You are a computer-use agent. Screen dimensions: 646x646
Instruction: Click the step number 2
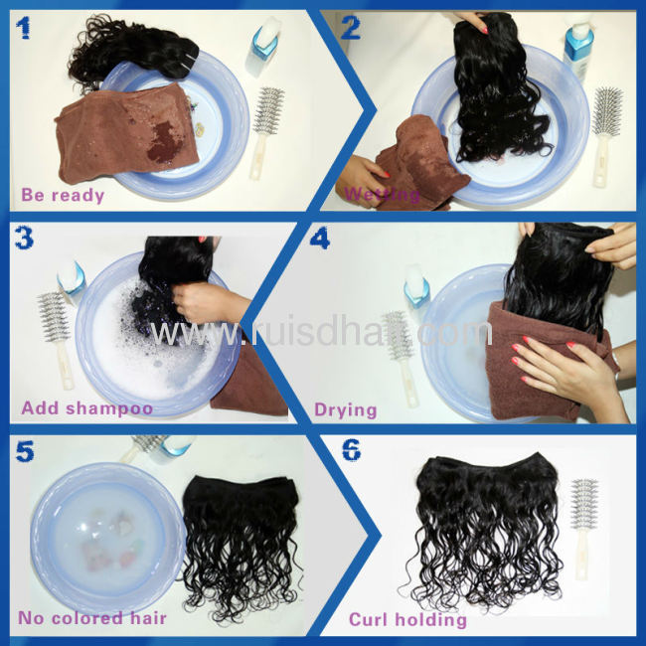pos(350,27)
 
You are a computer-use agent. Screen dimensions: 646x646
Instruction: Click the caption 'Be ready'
pos(62,195)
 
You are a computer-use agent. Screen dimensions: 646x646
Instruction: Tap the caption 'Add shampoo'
pos(86,407)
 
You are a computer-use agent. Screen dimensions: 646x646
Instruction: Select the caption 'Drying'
pos(345,408)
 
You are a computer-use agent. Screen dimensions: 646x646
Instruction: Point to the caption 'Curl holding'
pos(406,619)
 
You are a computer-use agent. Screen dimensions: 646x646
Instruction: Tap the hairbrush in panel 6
pos(585,527)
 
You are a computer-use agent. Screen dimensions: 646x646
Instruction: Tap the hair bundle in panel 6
pos(487,527)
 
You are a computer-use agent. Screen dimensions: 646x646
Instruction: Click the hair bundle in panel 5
pos(243,537)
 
